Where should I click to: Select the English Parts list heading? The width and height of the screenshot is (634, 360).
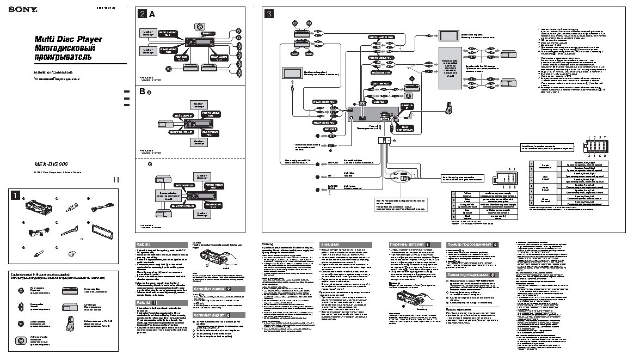coord(161,302)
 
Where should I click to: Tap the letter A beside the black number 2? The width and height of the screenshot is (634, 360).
coord(152,14)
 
